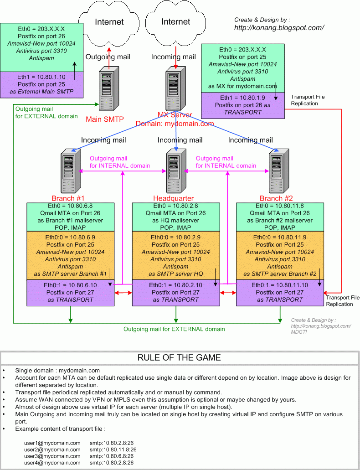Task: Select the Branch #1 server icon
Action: [70, 173]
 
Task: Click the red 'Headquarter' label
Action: [173, 198]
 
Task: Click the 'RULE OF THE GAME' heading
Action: [179, 358]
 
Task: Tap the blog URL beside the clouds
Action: [279, 27]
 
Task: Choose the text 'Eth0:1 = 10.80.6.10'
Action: [70, 285]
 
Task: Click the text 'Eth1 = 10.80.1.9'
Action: [242, 98]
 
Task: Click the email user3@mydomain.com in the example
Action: [52, 456]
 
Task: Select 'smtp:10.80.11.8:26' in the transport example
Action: [113, 449]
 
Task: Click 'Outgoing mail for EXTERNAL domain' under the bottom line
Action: [174, 329]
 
